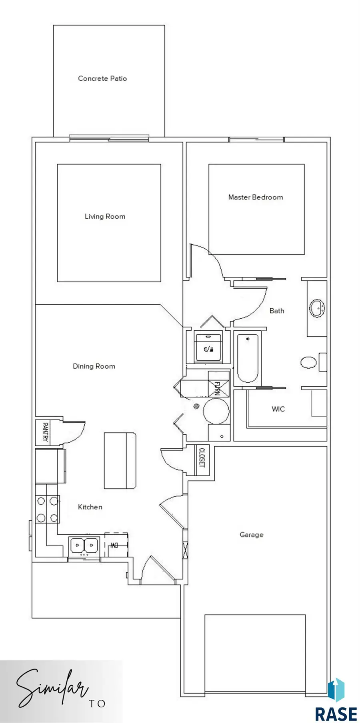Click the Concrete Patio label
[102, 79]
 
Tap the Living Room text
[105, 217]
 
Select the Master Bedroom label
[255, 197]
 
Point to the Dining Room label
[94, 366]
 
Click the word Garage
[251, 535]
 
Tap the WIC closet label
[278, 409]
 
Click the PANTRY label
[45, 433]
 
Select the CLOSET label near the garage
[202, 457]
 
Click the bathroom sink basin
[317, 308]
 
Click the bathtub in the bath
[247, 358]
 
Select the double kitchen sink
[84, 545]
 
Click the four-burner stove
[47, 509]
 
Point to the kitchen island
[120, 461]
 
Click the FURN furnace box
[218, 384]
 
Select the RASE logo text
[336, 714]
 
